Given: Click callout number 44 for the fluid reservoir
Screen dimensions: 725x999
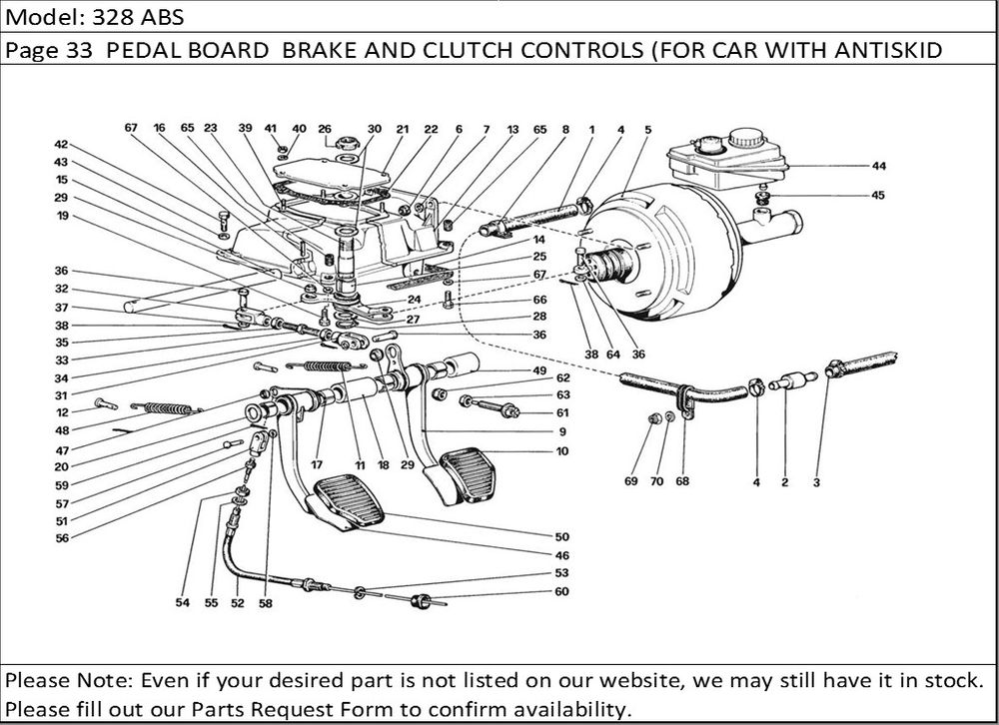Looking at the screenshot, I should [878, 165].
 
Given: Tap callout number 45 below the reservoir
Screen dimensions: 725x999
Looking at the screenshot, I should [878, 196].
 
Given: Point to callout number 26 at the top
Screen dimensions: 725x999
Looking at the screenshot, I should [324, 129].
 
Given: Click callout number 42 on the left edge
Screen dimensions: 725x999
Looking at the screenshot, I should [61, 145].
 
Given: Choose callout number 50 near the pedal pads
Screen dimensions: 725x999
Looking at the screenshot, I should [562, 537].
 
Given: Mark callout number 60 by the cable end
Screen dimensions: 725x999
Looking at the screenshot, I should [562, 591].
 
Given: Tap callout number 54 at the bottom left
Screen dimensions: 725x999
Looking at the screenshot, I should [182, 603].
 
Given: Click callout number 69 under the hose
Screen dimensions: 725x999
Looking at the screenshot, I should [630, 482].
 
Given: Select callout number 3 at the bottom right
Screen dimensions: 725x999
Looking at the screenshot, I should [816, 482].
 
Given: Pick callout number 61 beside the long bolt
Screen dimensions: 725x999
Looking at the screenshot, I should [562, 412].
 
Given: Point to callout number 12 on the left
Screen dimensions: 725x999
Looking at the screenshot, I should [61, 412].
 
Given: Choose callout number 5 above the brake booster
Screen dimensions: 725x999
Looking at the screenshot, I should [647, 129].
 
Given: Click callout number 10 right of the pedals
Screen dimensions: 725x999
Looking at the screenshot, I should [562, 451].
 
